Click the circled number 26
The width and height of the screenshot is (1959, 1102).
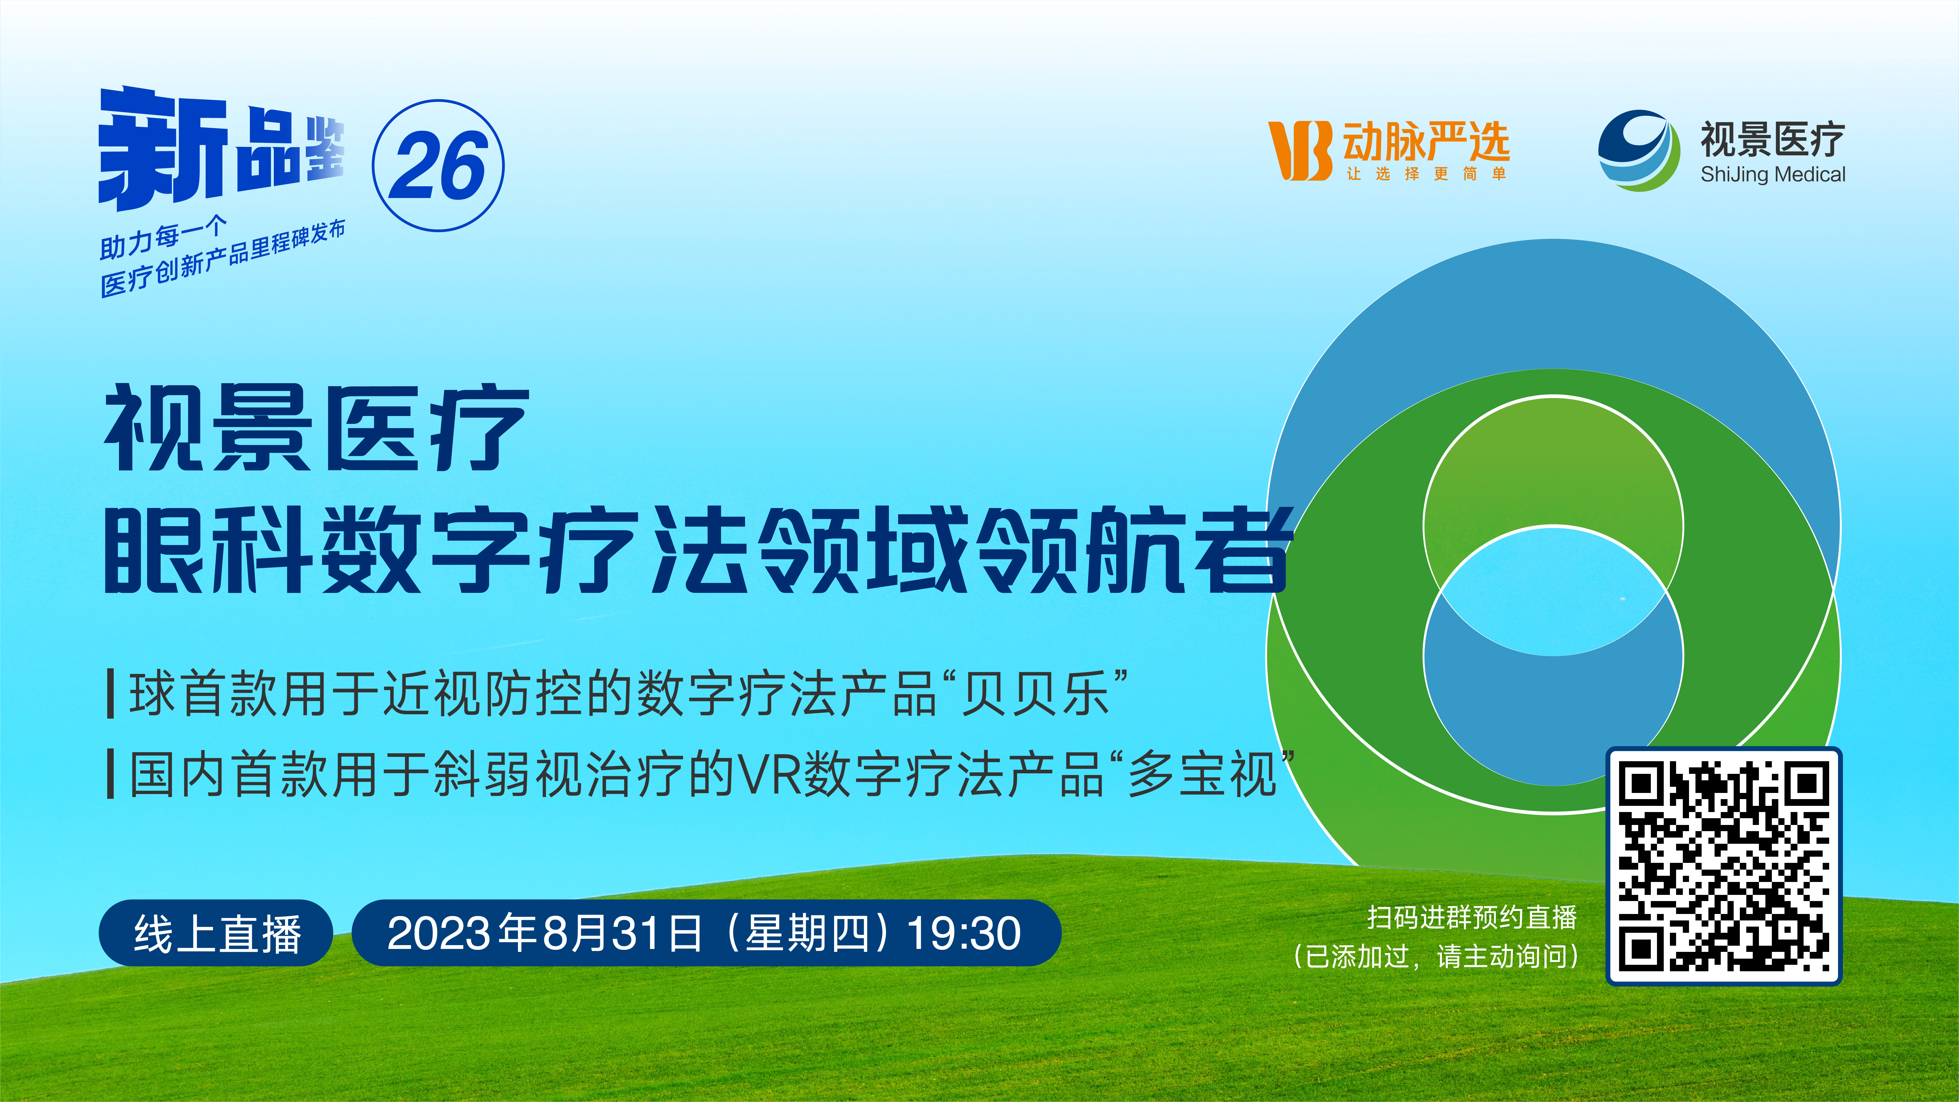438,166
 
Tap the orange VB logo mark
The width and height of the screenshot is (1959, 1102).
1300,151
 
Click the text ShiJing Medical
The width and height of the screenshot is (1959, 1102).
1773,175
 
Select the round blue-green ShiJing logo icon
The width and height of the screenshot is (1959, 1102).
1639,151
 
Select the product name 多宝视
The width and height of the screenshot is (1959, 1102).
1202,774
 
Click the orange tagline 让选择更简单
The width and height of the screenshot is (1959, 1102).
1426,174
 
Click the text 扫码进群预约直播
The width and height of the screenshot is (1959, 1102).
1472,917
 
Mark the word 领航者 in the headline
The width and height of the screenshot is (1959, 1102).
1133,549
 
